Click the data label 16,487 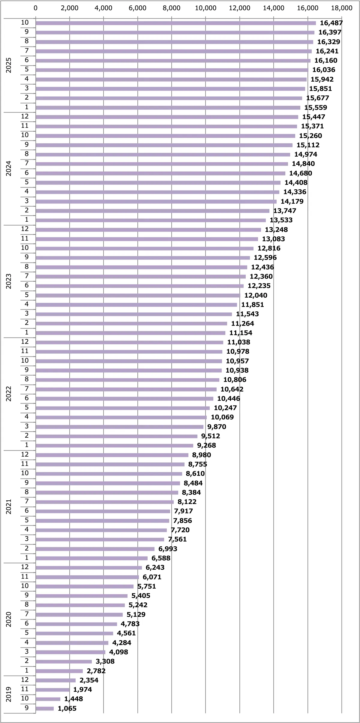331,23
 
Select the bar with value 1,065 45,709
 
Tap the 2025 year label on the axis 9,65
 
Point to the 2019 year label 9,694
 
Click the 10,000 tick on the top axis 205,8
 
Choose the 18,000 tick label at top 342,8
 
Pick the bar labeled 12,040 138,295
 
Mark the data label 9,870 217,427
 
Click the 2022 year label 9,394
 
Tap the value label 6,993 168,549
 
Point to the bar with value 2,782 59,671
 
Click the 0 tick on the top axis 36,8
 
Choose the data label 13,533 281,220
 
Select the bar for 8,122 105,502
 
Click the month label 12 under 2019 25,680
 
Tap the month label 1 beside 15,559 27,107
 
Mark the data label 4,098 118,652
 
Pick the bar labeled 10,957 129,361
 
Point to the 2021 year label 9,506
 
